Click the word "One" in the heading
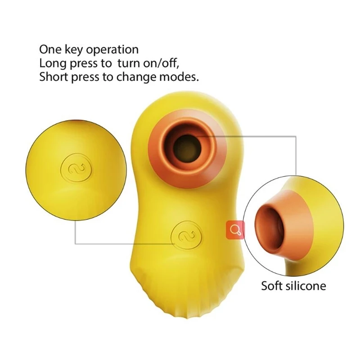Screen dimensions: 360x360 tap(49, 49)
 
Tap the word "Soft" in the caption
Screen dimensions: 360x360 tap(273, 285)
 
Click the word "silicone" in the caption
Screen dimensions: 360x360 tap(306, 285)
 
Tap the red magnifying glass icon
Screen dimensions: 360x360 tap(234, 230)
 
